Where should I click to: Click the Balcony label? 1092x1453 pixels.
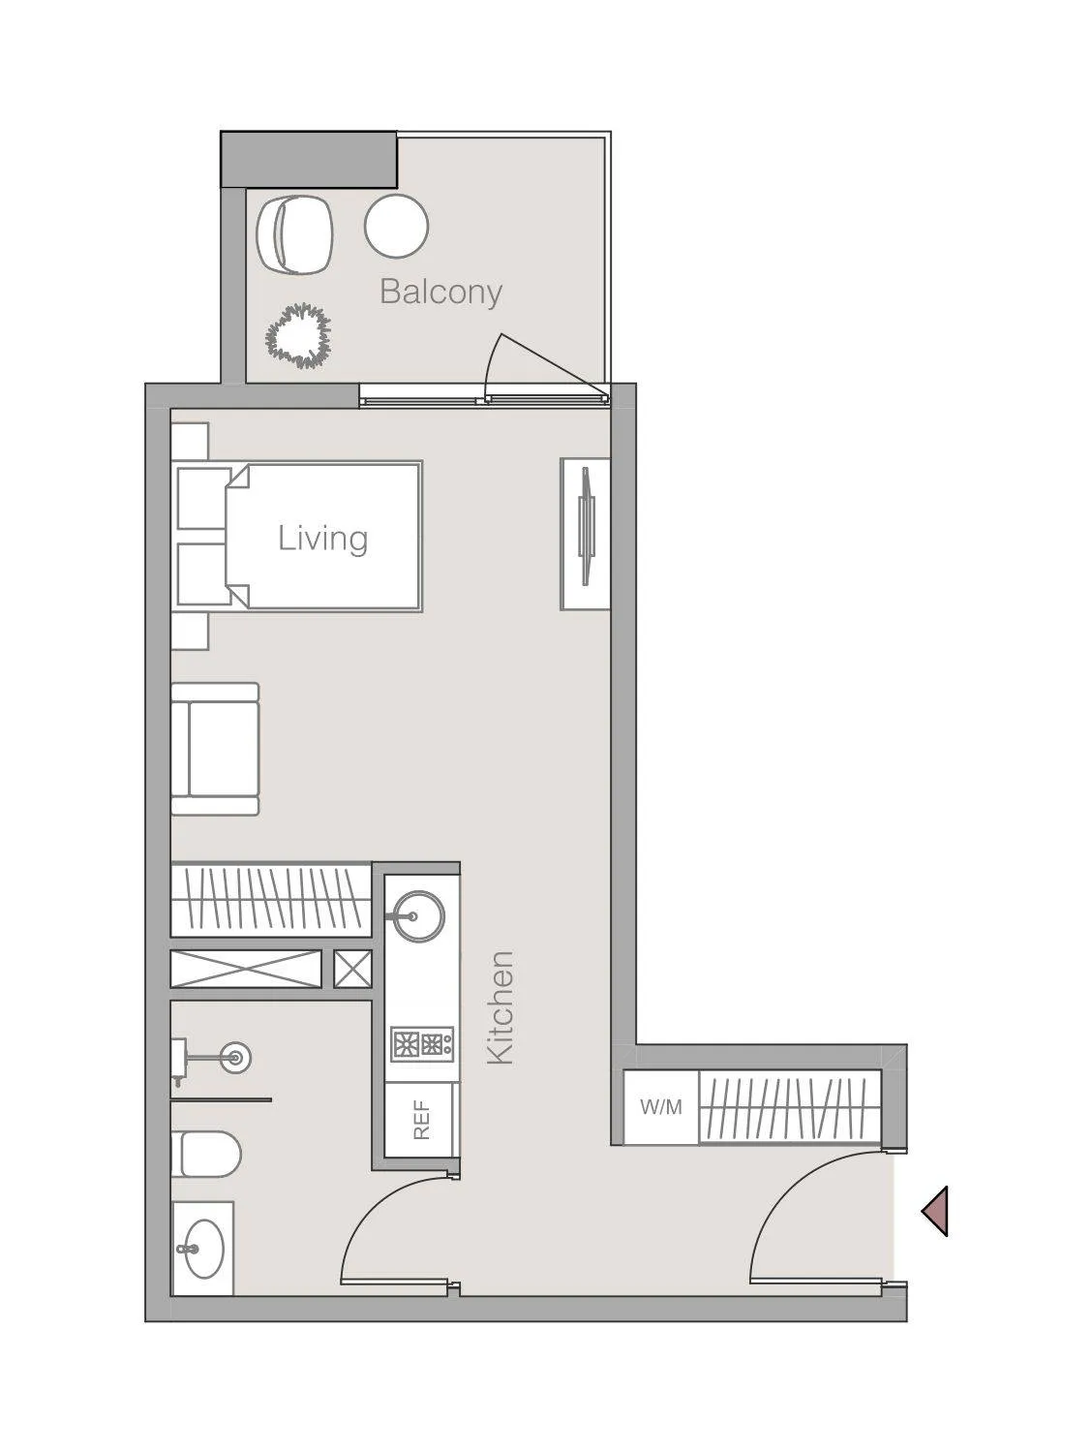click(x=441, y=293)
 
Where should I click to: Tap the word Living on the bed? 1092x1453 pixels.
click(x=322, y=539)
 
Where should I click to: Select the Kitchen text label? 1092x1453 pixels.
click(x=500, y=1007)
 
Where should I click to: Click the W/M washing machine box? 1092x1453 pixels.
click(x=661, y=1107)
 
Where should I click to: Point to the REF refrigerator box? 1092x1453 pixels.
click(x=421, y=1120)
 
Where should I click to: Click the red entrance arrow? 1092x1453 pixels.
click(x=934, y=1211)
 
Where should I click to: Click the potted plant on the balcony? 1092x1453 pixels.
click(x=297, y=336)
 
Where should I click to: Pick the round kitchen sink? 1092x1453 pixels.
click(x=413, y=916)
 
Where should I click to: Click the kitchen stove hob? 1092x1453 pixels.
click(x=422, y=1044)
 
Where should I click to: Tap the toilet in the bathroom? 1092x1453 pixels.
click(x=205, y=1154)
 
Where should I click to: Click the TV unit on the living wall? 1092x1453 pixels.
click(x=586, y=533)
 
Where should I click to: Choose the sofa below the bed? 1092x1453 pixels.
click(x=215, y=749)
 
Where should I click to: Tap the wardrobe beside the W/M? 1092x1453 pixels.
click(x=790, y=1107)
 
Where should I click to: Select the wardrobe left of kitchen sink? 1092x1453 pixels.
click(x=271, y=899)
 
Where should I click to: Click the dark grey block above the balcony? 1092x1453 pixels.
click(x=309, y=160)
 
